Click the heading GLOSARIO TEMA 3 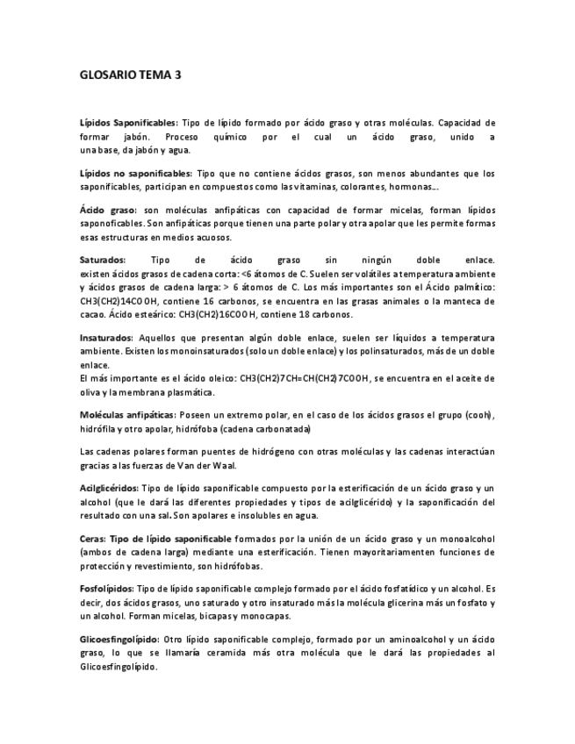130,75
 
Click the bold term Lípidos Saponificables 128,123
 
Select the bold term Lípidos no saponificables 135,174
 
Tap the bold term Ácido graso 108,211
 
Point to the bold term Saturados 103,261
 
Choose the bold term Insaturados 106,338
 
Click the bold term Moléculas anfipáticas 127,414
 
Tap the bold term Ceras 92,538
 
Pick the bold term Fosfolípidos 106,589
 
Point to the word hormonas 412,187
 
